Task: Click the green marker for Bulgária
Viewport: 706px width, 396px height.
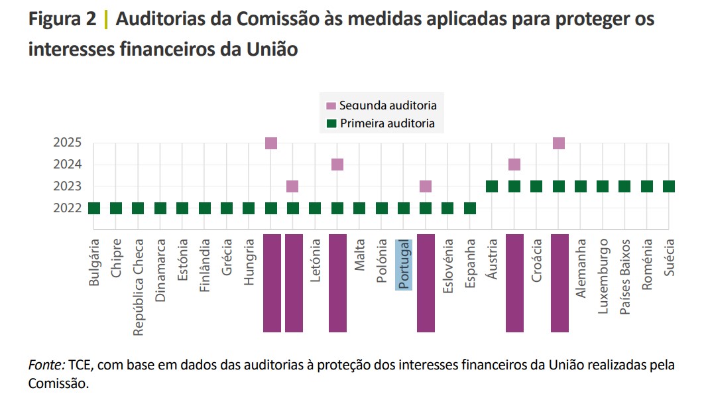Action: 94,208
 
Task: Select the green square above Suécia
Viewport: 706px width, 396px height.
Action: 669,186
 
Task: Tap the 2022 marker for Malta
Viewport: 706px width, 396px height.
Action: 359,208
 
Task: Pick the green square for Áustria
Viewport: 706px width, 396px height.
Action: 492,186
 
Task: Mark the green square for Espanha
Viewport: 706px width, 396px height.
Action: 470,208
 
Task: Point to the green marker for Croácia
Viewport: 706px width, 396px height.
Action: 536,186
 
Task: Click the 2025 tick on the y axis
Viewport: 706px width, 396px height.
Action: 68,143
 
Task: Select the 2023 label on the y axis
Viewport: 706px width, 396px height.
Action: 68,186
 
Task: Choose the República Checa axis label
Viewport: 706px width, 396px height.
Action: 139,287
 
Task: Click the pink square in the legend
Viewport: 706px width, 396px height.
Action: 331,106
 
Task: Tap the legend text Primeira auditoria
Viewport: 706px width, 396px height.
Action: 387,123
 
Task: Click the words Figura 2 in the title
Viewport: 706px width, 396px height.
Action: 62,20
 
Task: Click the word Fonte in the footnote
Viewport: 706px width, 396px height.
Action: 46,365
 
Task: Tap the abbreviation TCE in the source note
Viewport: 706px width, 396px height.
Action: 80,365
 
